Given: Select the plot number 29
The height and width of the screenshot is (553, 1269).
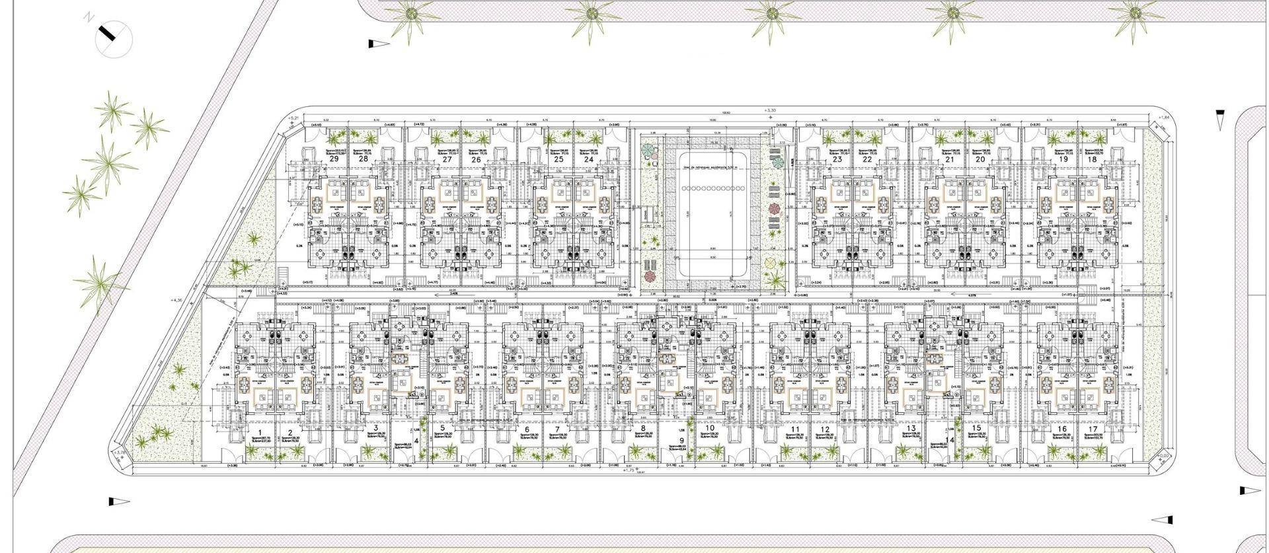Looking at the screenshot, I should pyautogui.click(x=334, y=159).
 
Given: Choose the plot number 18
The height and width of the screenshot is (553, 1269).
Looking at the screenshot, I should pyautogui.click(x=1092, y=159).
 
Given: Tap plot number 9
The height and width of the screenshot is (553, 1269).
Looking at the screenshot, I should pyautogui.click(x=681, y=441).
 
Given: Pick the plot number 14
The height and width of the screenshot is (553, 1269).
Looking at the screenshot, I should pyautogui.click(x=950, y=441).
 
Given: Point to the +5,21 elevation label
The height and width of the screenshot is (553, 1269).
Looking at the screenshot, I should pyautogui.click(x=294, y=117).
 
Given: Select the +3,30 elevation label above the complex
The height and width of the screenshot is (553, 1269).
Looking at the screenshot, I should pyautogui.click(x=770, y=110).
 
